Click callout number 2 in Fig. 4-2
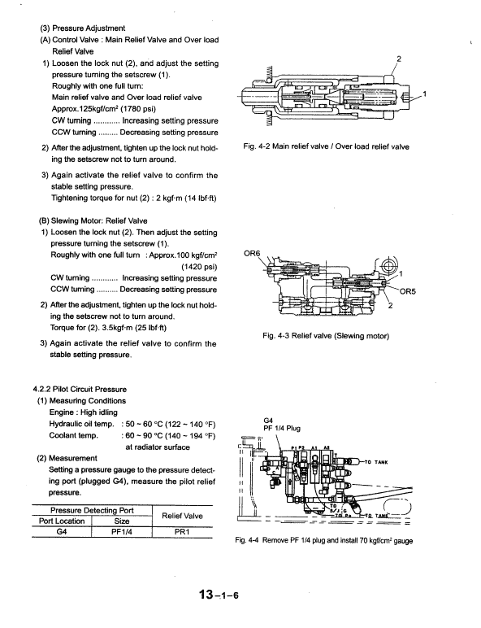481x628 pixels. click(x=398, y=58)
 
